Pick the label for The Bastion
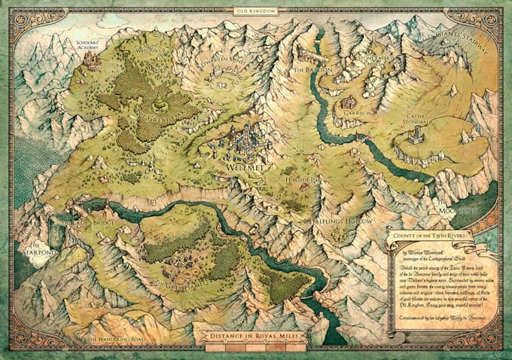[307, 70]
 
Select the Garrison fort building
[348, 102]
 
